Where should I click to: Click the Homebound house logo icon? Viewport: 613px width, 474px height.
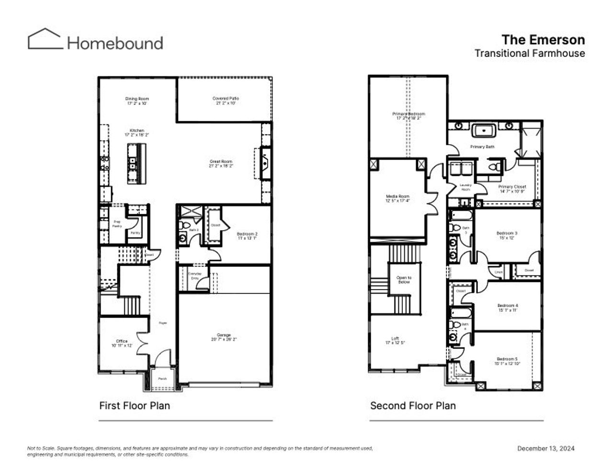click(45, 39)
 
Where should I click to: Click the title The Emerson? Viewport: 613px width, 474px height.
click(543, 39)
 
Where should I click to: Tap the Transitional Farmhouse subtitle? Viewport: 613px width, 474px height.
click(529, 53)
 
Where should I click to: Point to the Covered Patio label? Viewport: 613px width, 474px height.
click(226, 101)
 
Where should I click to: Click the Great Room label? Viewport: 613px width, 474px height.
click(221, 164)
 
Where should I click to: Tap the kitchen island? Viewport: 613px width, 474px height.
click(135, 163)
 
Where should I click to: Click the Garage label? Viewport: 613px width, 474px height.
click(224, 337)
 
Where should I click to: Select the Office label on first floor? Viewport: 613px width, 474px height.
click(122, 343)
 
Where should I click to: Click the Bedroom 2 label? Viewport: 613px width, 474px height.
click(247, 236)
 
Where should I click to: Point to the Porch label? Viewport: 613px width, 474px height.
click(163, 379)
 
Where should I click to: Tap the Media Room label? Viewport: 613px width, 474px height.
click(397, 198)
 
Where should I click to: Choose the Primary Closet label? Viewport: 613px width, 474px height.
click(512, 189)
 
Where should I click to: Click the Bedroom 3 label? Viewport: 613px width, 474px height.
click(507, 235)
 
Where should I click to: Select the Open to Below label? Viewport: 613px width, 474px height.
click(404, 280)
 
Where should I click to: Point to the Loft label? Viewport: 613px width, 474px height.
click(395, 340)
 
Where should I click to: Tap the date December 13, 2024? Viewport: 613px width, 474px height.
click(545, 449)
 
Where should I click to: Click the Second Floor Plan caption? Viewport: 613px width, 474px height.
click(413, 405)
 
